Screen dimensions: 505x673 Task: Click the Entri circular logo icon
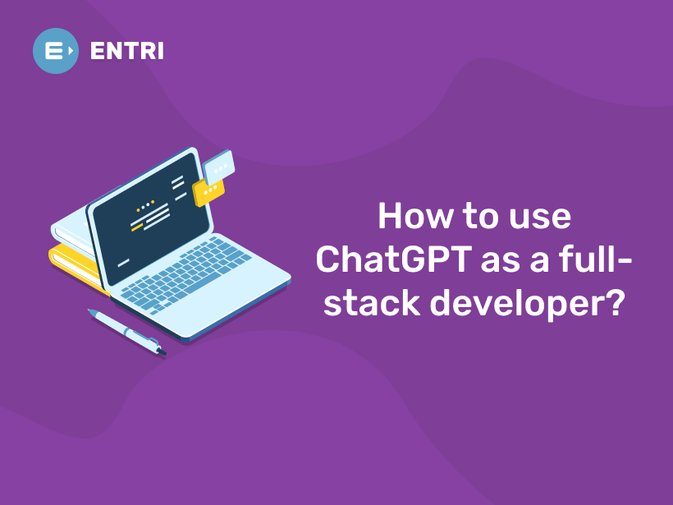[x=56, y=51]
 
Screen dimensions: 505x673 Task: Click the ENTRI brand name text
[x=126, y=51]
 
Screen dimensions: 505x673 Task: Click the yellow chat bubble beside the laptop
[x=208, y=191]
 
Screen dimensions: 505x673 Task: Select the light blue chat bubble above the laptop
[x=219, y=167]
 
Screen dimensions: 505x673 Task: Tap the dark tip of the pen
[x=162, y=352]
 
